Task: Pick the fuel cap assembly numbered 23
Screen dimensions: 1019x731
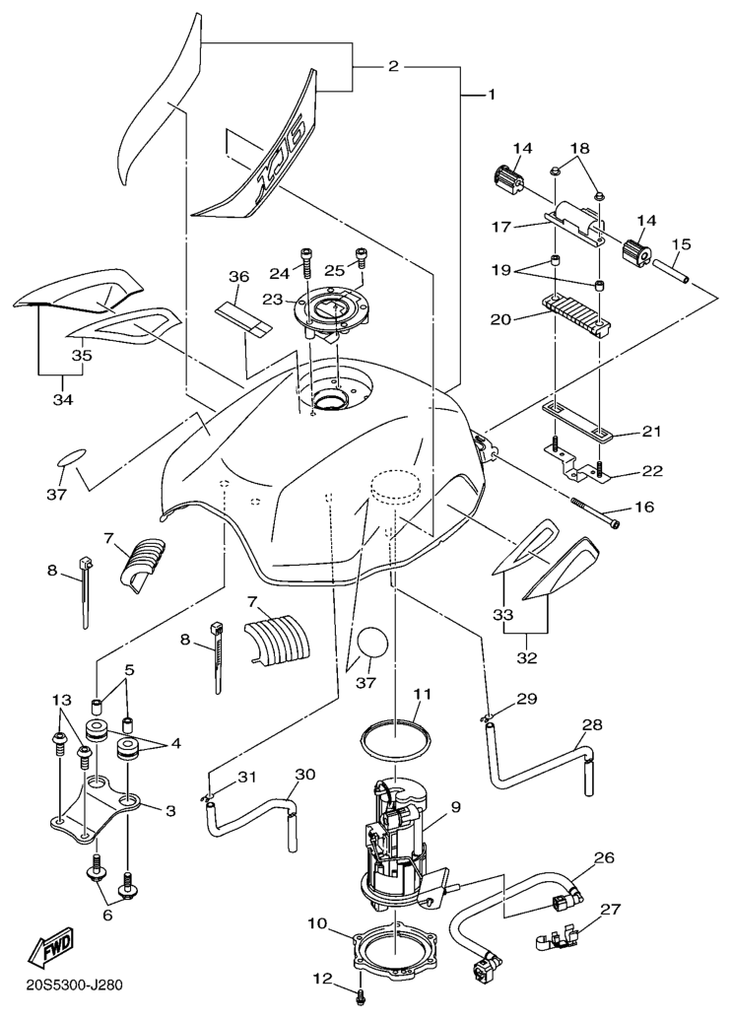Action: [333, 312]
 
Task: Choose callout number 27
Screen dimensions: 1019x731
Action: [610, 910]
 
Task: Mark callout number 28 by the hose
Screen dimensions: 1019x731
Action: [591, 726]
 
